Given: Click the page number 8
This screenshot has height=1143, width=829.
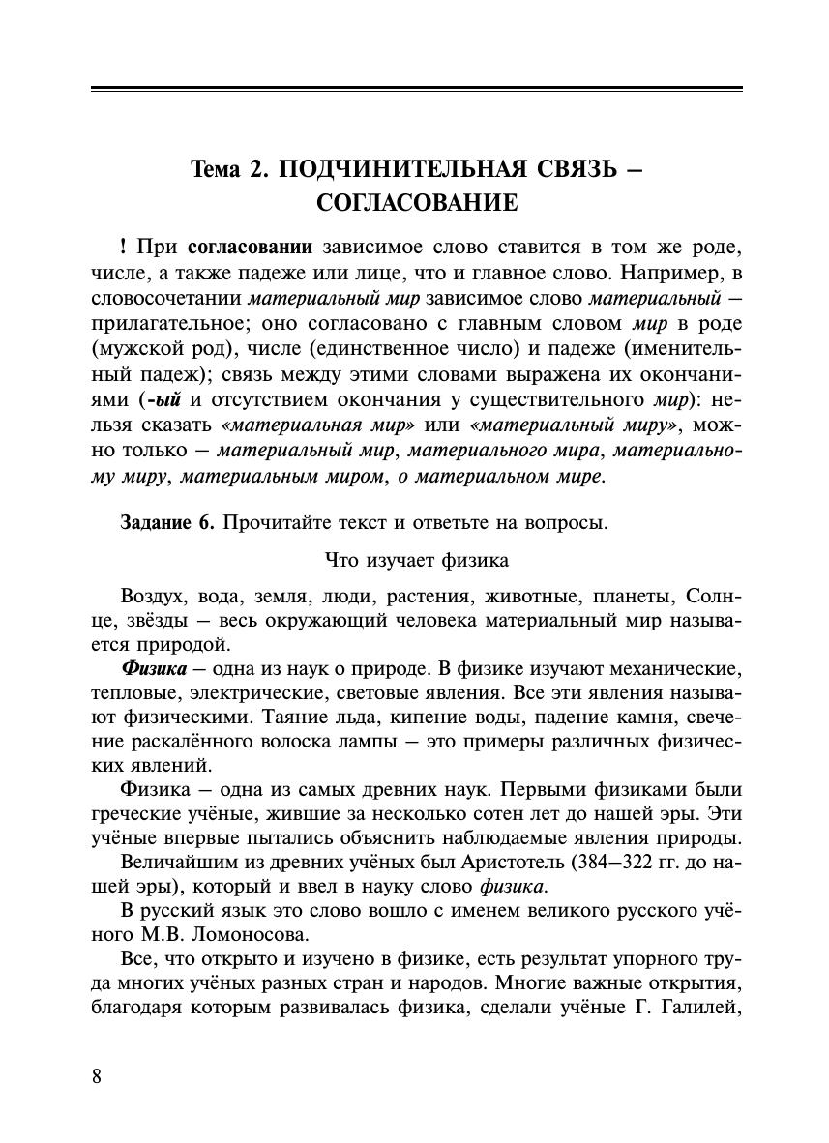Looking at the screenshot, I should point(96,1076).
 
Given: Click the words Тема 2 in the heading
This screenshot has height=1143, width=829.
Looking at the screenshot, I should point(228,170).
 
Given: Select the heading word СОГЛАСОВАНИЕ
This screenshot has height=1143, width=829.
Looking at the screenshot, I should point(417,203).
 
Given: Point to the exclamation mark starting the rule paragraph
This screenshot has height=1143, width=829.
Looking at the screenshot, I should point(124,246).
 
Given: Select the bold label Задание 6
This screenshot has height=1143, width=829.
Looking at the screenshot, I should point(165,523).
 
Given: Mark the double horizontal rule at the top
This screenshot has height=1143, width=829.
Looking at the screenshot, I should point(417,90).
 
